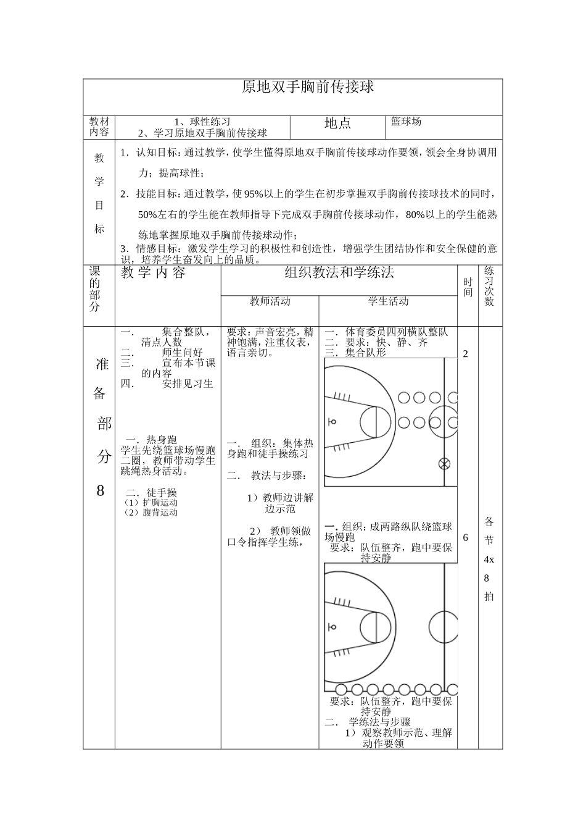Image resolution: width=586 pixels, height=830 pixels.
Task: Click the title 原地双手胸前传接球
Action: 308,87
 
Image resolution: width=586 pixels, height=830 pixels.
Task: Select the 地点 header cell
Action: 337,124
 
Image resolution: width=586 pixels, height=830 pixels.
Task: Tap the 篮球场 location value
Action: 406,122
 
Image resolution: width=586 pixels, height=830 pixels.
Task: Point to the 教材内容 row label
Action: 99,127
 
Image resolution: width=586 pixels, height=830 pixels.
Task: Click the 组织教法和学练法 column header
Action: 339,272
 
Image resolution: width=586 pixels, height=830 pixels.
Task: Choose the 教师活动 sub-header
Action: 270,301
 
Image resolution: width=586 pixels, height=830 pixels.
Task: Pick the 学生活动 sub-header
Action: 388,301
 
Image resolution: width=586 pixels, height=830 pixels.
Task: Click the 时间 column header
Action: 468,287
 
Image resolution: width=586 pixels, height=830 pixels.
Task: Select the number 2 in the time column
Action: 466,354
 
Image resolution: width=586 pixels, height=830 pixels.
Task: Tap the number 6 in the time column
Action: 466,537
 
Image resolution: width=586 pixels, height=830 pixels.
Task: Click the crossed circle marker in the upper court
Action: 444,463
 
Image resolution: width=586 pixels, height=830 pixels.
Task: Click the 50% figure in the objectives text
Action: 147,215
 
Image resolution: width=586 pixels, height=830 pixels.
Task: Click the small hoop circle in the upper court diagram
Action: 332,421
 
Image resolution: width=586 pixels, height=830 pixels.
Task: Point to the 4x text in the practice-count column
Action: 489,560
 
